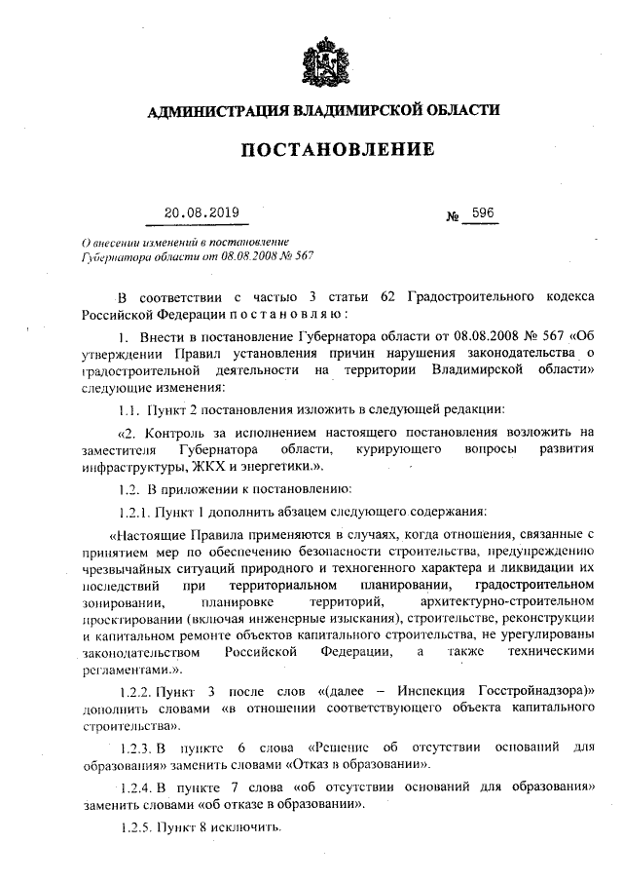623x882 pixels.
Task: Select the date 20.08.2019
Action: [202, 211]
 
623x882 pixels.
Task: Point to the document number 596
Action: [482, 211]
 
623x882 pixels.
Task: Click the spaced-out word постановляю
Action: [283, 314]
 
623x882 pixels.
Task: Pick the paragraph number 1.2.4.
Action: [137, 786]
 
